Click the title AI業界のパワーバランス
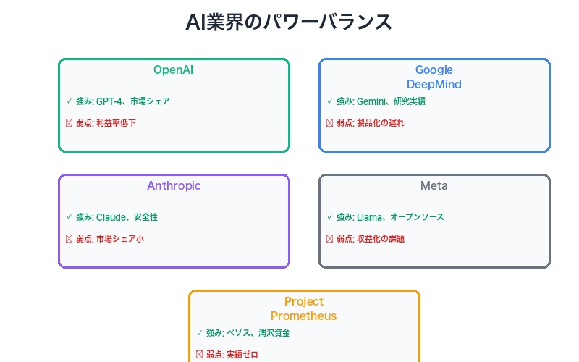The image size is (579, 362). (x=289, y=22)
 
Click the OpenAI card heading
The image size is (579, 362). (x=174, y=70)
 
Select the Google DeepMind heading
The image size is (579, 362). (x=434, y=77)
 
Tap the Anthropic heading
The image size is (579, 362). (x=174, y=186)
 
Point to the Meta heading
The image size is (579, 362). (x=434, y=186)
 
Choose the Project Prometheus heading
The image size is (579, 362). (x=304, y=309)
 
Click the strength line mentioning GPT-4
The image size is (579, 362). (x=122, y=101)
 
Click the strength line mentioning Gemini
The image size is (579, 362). (x=381, y=101)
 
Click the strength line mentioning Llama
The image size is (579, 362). (x=390, y=217)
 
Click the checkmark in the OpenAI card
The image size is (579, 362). (x=69, y=101)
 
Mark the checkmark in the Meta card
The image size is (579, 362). (x=329, y=217)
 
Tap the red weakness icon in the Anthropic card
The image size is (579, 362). (x=69, y=239)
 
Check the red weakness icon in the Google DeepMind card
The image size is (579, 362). (x=329, y=123)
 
